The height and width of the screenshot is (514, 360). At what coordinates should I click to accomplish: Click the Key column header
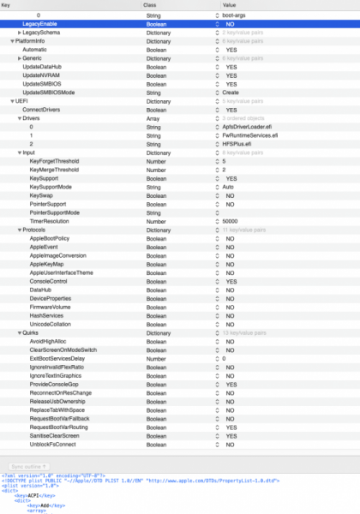[x=7, y=5]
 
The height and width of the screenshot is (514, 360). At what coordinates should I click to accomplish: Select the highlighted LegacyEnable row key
[x=39, y=24]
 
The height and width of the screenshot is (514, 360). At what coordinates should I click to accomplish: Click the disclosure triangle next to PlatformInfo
[x=9, y=40]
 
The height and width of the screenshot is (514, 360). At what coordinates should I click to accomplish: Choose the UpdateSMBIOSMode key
[x=51, y=92]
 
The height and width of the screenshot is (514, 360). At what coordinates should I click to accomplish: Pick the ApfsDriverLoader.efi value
[x=246, y=126]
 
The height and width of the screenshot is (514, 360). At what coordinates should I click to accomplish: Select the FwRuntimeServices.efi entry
[x=249, y=134]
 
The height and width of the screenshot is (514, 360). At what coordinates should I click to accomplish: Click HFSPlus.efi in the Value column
[x=239, y=143]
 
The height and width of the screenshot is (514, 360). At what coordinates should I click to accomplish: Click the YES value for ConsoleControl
[x=231, y=281]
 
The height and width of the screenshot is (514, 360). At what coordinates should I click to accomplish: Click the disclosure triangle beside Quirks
[x=17, y=332]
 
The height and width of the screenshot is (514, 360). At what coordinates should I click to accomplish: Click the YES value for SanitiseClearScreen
[x=231, y=436]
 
